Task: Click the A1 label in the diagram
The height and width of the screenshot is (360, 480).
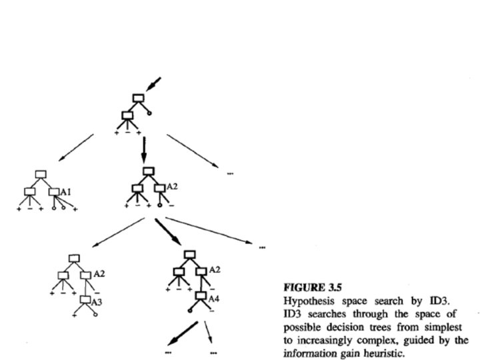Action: tap(66, 192)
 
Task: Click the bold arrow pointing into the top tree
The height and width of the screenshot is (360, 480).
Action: tap(153, 85)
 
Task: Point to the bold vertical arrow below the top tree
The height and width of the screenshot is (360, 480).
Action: tap(143, 149)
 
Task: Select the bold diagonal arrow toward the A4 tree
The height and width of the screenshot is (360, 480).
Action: tap(170, 233)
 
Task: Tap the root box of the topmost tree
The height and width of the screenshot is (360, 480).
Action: tap(137, 99)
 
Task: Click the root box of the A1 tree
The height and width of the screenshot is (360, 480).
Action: tap(41, 175)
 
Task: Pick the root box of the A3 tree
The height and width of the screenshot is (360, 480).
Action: tap(73, 257)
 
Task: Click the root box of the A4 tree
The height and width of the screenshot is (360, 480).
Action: tap(190, 254)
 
